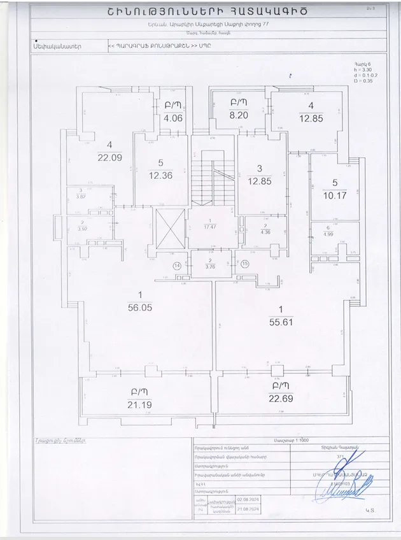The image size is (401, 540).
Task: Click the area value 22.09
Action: (109, 157)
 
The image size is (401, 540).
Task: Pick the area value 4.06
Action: (173, 118)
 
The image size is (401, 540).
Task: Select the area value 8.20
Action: (239, 117)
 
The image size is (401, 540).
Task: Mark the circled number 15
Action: (244, 264)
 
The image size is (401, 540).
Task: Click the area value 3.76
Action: (211, 267)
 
